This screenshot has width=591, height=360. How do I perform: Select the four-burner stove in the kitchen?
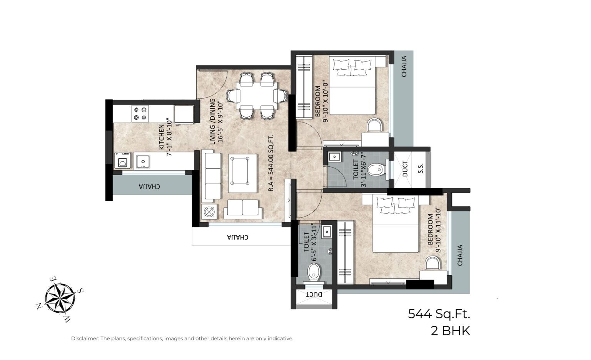click(x=140, y=113)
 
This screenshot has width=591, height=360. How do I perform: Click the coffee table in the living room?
click(x=242, y=173)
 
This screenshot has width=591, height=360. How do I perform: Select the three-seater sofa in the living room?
click(x=212, y=175)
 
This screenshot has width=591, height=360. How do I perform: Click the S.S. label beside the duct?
click(x=421, y=168)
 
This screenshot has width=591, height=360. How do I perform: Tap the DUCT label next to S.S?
click(x=405, y=169)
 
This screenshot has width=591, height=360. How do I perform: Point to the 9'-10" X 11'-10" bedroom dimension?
click(x=437, y=229)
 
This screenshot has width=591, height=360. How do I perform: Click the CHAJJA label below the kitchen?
click(x=149, y=187)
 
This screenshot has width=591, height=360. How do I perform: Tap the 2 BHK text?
click(x=450, y=331)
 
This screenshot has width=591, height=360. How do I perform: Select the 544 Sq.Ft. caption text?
click(x=439, y=314)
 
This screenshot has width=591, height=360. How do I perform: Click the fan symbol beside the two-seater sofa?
click(x=209, y=212)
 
